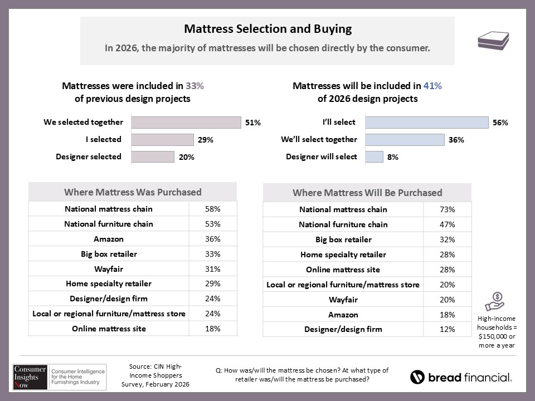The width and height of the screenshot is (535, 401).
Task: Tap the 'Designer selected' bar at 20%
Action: (153, 157)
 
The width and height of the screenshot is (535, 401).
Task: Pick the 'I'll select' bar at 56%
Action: (426, 123)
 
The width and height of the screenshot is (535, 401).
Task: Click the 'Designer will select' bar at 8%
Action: (374, 157)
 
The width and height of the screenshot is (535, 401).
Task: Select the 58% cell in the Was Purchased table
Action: (213, 209)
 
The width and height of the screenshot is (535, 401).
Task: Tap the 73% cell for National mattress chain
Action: (448, 209)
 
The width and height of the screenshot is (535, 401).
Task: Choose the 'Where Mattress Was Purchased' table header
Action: (133, 192)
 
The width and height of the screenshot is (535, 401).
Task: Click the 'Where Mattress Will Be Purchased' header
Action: (367, 193)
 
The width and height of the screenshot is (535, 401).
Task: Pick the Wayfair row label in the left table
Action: (109, 269)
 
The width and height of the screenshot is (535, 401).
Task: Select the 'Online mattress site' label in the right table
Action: (343, 270)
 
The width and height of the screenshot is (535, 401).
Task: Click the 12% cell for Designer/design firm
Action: (448, 329)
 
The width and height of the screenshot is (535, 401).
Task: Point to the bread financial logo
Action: (461, 377)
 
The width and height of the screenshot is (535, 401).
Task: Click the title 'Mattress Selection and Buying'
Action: (267, 29)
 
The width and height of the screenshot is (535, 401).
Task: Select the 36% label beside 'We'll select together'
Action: (456, 140)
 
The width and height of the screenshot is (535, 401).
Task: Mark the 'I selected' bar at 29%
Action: (162, 140)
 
